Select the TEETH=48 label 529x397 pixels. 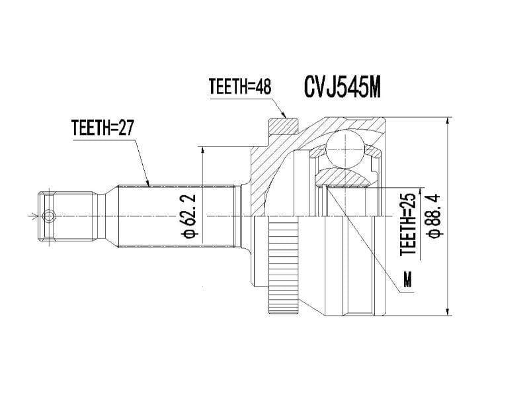pos(240,87)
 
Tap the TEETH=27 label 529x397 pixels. pos(102,128)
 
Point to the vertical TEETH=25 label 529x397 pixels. pos(409,224)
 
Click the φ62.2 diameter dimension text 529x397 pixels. pos(191,216)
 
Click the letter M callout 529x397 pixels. pos(408,279)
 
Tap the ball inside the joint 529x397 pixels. pos(345,148)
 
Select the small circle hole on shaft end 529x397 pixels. pos(49,216)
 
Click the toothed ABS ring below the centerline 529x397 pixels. pos(284,265)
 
